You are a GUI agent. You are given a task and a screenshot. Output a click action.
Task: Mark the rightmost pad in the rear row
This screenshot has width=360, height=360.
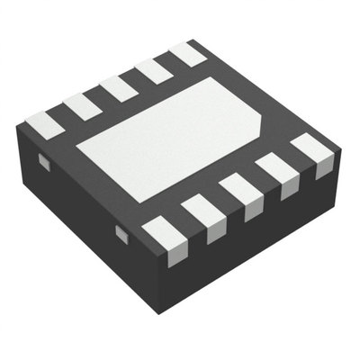[x=187, y=53]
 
